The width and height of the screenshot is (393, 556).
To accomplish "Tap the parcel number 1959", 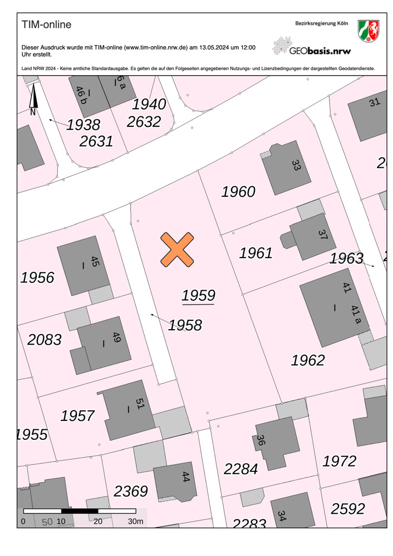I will pyautogui.click(x=198, y=295).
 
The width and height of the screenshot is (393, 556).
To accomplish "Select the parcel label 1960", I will pyautogui.click(x=238, y=192).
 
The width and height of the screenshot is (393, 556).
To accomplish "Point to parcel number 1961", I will pyautogui.click(x=256, y=253).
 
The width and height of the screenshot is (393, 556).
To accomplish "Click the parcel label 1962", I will pyautogui.click(x=308, y=360).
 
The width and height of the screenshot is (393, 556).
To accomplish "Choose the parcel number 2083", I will pyautogui.click(x=45, y=339).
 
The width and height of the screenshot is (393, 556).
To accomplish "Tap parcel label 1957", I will pyautogui.click(x=77, y=415).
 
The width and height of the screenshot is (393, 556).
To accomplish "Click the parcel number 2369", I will pyautogui.click(x=131, y=491).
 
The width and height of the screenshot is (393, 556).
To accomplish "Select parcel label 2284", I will pyautogui.click(x=241, y=469).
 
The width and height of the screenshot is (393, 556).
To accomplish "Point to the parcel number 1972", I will pyautogui.click(x=340, y=460).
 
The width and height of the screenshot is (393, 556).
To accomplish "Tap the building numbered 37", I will pyautogui.click(x=312, y=238).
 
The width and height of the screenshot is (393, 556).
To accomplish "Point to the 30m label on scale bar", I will pyautogui.click(x=136, y=522).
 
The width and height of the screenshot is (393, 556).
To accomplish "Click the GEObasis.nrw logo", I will pyautogui.click(x=312, y=46).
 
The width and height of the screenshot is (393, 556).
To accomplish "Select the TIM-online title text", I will pyautogui.click(x=46, y=25).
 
